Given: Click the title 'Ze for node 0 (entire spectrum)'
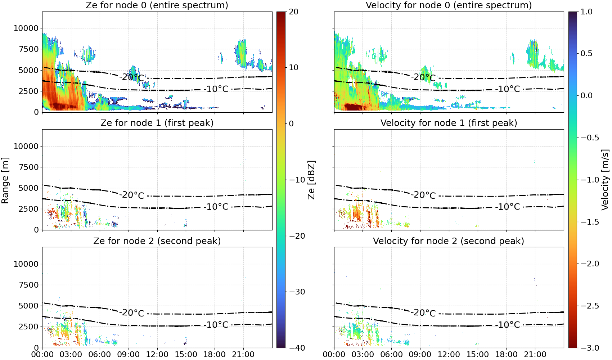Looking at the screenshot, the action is point(157,5).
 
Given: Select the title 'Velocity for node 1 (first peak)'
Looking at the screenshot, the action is point(449,123).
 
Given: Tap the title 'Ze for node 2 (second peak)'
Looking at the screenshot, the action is point(157,241).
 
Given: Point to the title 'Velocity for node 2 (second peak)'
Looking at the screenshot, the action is point(449,241).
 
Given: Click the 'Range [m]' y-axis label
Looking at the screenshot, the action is point(5,180).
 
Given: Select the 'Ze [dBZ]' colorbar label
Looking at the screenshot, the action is point(311,180).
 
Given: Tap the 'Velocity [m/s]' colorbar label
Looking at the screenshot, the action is point(605,180).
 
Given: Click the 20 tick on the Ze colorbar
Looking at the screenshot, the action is point(293,12).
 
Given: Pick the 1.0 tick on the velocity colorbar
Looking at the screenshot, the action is point(586,12).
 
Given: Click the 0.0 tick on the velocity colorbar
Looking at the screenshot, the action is point(586,96).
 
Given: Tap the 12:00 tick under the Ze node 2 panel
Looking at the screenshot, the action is point(157,355).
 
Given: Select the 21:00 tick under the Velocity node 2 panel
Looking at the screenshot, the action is point(535,355).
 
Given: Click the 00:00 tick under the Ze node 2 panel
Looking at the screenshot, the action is point(42,355).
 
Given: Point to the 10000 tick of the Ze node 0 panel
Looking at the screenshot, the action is point(26,28).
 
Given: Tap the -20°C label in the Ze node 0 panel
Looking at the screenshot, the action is point(132,77).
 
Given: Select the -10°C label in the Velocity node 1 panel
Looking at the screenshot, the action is point(508,207).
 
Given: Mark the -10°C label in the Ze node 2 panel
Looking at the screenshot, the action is point(216,325).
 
